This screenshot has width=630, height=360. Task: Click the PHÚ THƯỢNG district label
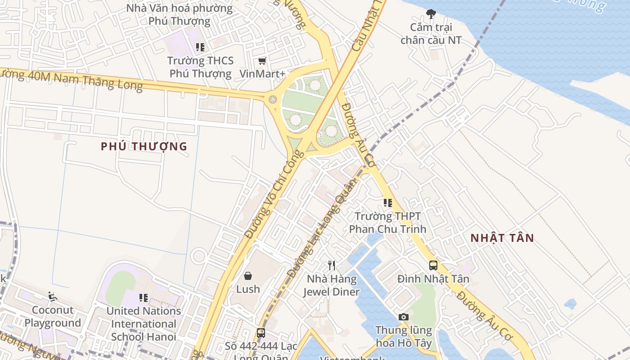coord(144,146)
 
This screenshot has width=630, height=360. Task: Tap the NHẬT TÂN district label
coord(502,238)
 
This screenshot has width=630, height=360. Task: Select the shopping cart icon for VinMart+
coord(262,61)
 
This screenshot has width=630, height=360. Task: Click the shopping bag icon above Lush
coord(248,275)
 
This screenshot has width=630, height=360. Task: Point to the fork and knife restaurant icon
coord(332,265)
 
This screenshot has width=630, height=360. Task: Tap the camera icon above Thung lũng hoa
coord(404,317)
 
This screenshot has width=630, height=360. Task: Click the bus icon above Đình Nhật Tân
coord(433,265)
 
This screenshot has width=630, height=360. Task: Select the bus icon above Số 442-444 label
coord(261,333)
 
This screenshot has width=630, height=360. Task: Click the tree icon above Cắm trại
coord(431,14)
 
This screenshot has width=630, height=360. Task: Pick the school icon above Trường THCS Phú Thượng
coord(200,47)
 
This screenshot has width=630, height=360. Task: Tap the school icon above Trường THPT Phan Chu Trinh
coord(387,203)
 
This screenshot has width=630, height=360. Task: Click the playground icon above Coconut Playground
coord(53,297)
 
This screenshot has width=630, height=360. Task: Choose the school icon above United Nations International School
coord(144,297)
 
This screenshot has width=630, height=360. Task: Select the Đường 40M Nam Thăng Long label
coord(72,80)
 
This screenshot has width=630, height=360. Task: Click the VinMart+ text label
coord(262,73)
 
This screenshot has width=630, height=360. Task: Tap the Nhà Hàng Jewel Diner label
coord(332,285)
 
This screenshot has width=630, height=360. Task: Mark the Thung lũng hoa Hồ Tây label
coord(404,337)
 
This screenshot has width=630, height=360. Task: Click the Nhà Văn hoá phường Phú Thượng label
coord(180,14)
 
